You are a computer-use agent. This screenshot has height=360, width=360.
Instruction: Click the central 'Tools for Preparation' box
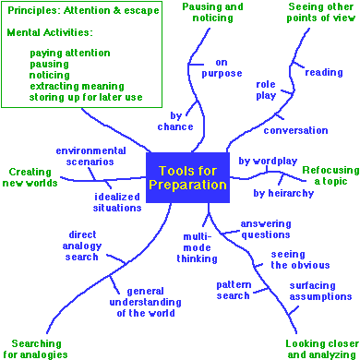pyautogui.click(x=186, y=177)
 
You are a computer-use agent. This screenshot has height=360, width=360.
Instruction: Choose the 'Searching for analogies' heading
pyautogui.click(x=36, y=348)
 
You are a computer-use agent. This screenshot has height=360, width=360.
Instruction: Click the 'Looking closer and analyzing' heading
pyautogui.click(x=317, y=348)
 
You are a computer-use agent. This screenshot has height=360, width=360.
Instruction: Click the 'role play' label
pyautogui.click(x=266, y=90)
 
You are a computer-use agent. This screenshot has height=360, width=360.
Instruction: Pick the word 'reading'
pyautogui.click(x=324, y=72)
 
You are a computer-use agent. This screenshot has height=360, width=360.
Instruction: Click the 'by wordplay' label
pyautogui.click(x=268, y=161)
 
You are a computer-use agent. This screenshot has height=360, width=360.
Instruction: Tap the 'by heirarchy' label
pyautogui.click(x=283, y=193)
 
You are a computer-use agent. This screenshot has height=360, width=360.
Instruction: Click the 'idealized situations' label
pyautogui.click(x=117, y=202)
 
